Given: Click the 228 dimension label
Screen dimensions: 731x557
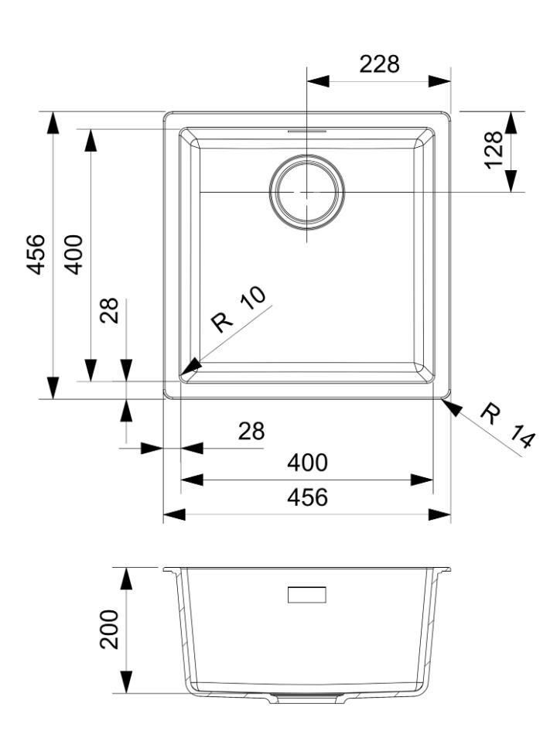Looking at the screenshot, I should (379, 64).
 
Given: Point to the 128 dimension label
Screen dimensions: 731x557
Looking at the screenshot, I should (492, 148).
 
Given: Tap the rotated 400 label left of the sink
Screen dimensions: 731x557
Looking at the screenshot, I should (73, 254).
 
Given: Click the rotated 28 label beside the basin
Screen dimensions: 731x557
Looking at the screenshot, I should (110, 311).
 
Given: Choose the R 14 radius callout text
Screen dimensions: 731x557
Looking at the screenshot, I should (507, 426).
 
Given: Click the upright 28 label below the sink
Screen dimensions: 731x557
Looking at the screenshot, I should (251, 431).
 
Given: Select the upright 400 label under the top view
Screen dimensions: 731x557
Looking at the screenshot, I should (307, 463).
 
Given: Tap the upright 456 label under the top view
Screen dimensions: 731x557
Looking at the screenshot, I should (307, 497).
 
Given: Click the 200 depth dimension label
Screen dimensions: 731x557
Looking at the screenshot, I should (110, 629).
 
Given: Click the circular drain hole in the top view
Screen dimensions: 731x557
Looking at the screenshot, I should (307, 192).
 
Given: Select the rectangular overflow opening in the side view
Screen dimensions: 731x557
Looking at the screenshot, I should (307, 595).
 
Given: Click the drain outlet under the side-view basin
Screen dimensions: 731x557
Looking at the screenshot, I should (307, 699).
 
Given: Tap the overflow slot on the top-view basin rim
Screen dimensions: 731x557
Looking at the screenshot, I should (307, 132).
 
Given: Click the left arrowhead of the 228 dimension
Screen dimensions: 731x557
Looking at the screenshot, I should (318, 81).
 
